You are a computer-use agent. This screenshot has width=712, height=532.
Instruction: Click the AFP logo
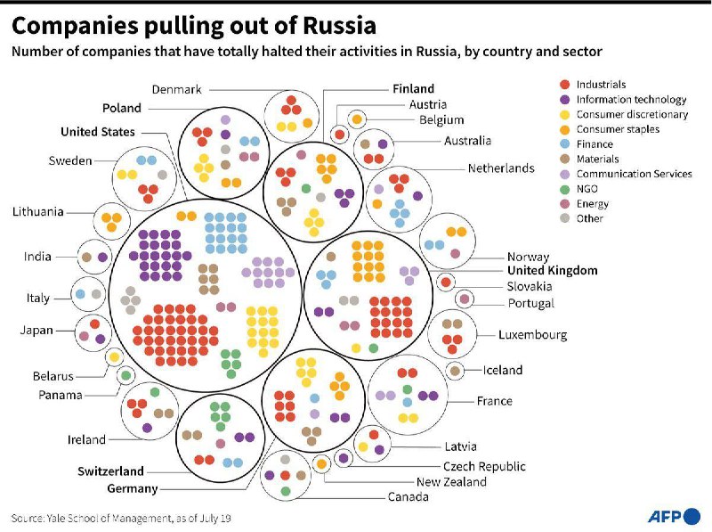click(x=674, y=516)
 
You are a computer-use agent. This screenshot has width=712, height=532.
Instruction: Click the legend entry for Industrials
click(x=601, y=85)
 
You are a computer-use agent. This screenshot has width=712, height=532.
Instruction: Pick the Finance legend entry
click(x=594, y=144)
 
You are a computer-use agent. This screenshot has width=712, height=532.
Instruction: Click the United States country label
click(x=98, y=132)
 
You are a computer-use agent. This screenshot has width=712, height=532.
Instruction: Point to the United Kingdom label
click(x=552, y=270)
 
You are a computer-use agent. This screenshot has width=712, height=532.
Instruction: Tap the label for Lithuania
click(x=38, y=212)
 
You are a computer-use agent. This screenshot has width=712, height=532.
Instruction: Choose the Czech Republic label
click(x=484, y=466)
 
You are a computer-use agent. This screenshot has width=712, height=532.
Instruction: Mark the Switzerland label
click(x=110, y=471)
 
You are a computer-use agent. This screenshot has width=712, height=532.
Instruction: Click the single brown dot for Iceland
click(x=455, y=371)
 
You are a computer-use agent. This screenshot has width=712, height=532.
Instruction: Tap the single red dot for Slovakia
click(x=446, y=282)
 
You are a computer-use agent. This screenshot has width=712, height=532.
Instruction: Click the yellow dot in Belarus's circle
click(x=114, y=357)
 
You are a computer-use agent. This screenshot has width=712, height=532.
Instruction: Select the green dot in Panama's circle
click(x=125, y=375)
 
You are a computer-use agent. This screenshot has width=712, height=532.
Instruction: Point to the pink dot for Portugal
click(x=464, y=299)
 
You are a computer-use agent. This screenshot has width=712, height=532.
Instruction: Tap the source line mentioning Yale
click(x=121, y=518)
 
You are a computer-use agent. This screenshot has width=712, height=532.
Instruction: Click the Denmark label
click(x=176, y=89)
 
